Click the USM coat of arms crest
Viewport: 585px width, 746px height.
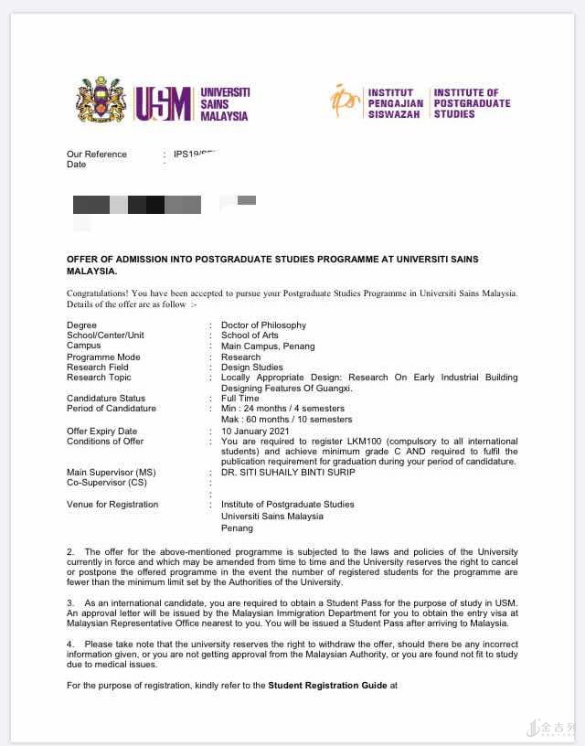100,101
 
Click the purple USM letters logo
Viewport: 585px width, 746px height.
165,103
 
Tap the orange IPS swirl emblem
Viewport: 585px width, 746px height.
345,101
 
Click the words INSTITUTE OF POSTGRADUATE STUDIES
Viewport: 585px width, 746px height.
472,103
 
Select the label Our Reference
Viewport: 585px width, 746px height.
97,154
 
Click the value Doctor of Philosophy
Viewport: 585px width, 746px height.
263,325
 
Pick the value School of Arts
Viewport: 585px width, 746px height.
250,336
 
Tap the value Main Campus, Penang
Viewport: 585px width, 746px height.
268,346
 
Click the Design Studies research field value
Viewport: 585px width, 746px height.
252,368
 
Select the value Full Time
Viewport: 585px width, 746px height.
240,399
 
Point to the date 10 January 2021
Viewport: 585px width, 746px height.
255,431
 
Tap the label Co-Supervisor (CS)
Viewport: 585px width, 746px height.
106,483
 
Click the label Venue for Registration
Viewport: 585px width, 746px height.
112,504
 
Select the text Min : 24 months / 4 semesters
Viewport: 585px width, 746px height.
282,409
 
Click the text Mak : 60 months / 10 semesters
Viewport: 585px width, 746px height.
286,420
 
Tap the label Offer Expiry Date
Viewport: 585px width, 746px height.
101,431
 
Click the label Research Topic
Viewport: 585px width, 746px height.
99,378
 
